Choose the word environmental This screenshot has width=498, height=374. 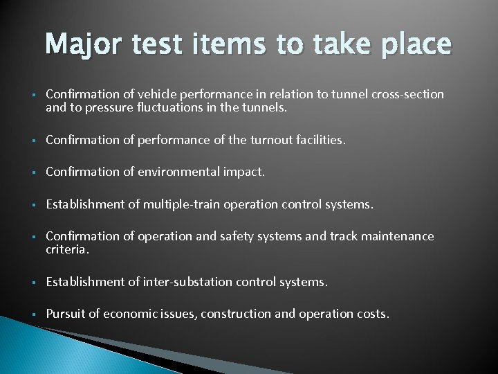click(x=181, y=172)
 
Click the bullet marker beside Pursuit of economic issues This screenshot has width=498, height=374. click(x=33, y=314)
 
